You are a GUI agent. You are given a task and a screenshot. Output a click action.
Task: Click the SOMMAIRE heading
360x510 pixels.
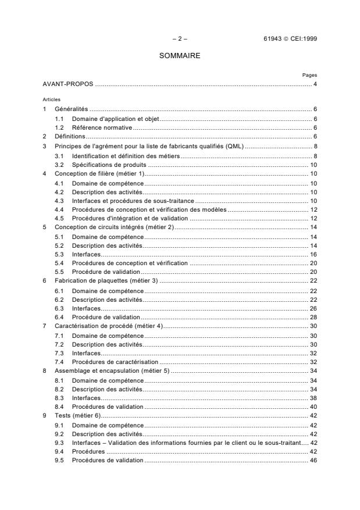click(180, 57)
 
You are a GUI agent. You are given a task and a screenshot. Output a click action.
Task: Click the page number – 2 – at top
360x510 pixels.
click(180, 39)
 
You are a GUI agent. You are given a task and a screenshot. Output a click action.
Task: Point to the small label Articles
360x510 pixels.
click(52, 99)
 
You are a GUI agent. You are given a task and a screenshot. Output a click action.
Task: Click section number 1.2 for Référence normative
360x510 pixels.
click(59, 127)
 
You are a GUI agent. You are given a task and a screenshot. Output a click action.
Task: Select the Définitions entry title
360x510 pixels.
click(69, 136)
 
